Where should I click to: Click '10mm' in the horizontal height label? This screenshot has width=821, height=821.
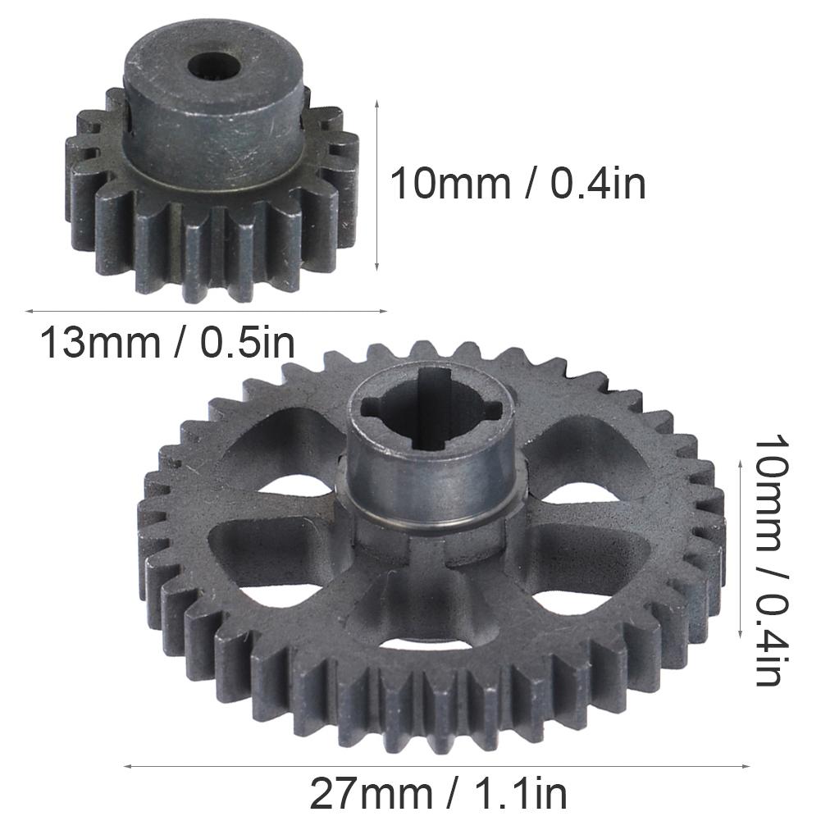(x=450, y=184)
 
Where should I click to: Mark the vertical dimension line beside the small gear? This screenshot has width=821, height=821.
(x=376, y=185)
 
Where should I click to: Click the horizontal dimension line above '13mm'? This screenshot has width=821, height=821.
(x=205, y=311)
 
